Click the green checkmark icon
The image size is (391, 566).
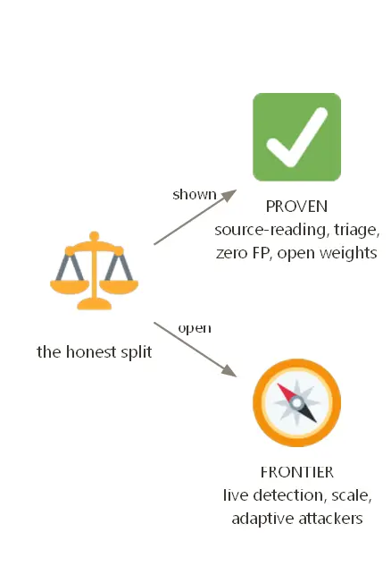(296, 137)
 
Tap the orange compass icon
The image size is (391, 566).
(296, 403)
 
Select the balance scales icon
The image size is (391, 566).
(94, 270)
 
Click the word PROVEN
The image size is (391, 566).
(296, 207)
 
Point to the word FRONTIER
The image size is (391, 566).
(296, 472)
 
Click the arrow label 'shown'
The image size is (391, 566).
(195, 194)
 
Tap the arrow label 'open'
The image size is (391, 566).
(195, 328)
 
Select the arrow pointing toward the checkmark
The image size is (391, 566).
(195, 217)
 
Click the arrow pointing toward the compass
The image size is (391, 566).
(195, 350)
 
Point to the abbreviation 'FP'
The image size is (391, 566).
(261, 253)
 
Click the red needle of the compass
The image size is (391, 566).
(287, 393)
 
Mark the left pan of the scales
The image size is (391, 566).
(70, 287)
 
